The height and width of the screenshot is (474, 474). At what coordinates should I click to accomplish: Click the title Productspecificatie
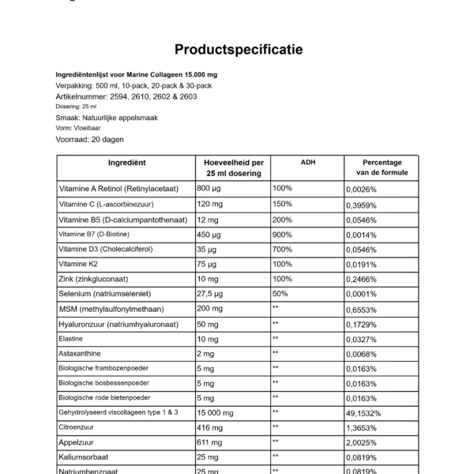[x=238, y=50]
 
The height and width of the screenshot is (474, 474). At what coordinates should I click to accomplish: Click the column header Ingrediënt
[x=126, y=162]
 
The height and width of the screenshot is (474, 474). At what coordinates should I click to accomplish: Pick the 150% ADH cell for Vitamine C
[x=282, y=204]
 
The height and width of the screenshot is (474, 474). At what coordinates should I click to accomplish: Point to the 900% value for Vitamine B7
[x=282, y=234]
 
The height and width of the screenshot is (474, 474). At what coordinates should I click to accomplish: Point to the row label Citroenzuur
[x=81, y=428]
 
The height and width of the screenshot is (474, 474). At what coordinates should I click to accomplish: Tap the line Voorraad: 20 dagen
[x=92, y=138]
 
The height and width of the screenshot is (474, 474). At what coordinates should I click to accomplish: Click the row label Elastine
[x=73, y=338]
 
